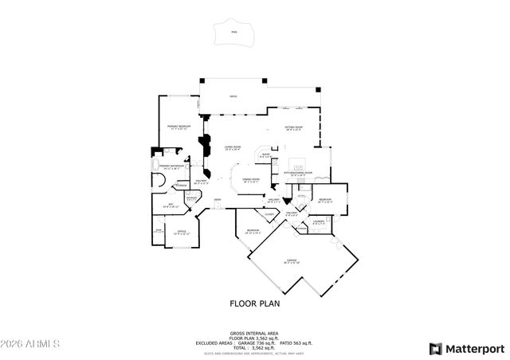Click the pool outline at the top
[233, 34]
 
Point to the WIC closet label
[171, 205]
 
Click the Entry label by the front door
[217, 200]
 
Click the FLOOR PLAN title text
[254, 303]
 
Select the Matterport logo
[466, 348]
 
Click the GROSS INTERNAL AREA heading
[254, 333]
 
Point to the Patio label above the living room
[233, 97]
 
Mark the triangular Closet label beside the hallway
[269, 213]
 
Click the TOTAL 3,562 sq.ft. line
[254, 347]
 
